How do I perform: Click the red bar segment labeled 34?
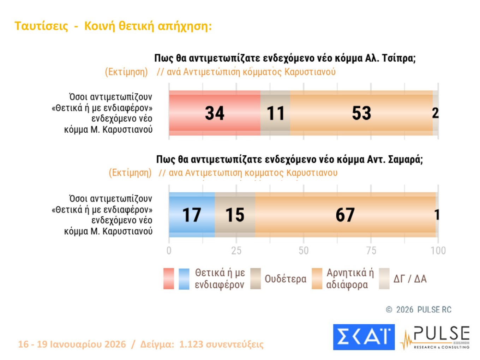coord(215,113)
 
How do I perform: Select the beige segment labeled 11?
coord(275,113)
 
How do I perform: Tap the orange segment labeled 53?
coord(361,113)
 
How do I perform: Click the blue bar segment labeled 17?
coord(192,215)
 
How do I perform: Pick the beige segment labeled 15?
coord(235,215)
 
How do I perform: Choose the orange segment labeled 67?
coord(345,215)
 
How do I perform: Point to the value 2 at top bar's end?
coord(436,113)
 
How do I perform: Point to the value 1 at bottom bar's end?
coord(437,215)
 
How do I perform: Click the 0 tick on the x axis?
coord(169,251)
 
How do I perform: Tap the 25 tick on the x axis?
coord(236,251)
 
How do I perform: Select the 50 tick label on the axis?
coord(304,251)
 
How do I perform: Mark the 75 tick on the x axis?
coord(371,251)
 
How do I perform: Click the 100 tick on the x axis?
coord(438,251)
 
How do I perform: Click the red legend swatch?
coord(169,278)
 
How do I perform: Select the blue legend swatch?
coord(184,278)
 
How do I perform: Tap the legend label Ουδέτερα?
coord(285,279)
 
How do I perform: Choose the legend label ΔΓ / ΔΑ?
coord(410,279)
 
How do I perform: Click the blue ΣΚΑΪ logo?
coord(364,337)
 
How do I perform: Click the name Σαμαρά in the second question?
coord(405,160)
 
